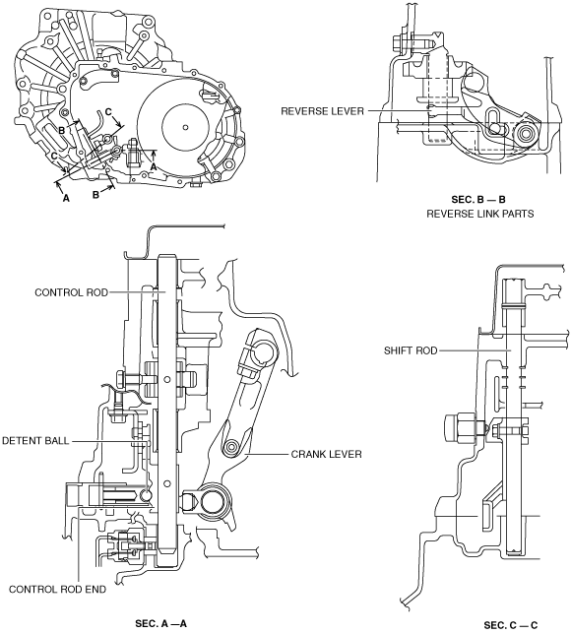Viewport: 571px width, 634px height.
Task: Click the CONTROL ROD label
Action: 71,292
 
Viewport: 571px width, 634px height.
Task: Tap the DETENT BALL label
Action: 35,440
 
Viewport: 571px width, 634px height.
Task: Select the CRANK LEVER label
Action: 326,455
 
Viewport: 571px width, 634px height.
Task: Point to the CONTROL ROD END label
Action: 57,590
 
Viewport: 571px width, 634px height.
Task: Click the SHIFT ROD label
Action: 411,350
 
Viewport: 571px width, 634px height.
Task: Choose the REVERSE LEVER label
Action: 322,111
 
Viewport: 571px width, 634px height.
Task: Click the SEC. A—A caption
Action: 160,624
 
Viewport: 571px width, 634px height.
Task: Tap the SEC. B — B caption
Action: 478,199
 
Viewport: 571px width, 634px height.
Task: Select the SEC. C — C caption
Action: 511,625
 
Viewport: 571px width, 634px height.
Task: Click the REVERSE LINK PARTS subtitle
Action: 480,214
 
